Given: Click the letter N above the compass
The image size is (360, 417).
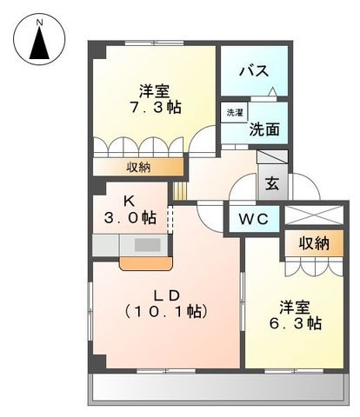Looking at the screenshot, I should click(x=40, y=17).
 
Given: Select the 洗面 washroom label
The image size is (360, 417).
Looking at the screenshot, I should click(x=263, y=129).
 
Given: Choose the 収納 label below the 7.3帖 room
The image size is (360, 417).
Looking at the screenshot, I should click(x=139, y=166).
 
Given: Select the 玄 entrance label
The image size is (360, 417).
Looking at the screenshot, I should click(x=272, y=185).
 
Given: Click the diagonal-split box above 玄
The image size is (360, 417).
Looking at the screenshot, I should click(x=272, y=160).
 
